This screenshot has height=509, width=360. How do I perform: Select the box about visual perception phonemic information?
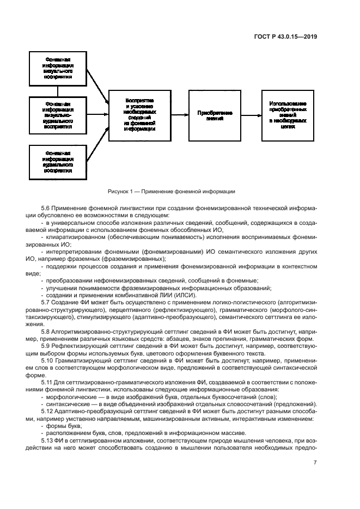click(58, 68)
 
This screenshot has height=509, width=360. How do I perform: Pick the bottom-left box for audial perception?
click(58, 161)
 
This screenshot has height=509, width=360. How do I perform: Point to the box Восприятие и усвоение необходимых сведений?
click(139, 114)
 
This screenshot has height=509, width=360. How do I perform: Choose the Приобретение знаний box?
click(215, 114)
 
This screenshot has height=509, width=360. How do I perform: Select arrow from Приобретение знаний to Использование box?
click(251, 114)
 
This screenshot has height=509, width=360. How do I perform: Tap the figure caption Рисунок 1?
click(179, 192)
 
